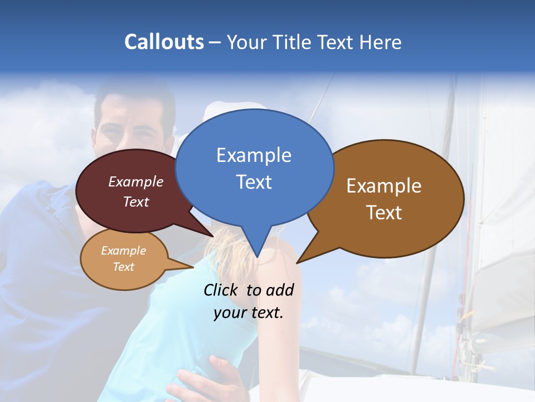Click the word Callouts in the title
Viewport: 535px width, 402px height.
[164, 42]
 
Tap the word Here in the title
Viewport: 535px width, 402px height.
[381, 42]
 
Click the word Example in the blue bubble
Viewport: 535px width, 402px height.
[254, 155]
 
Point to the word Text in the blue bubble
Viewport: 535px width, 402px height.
[254, 181]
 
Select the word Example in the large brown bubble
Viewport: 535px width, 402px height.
[384, 186]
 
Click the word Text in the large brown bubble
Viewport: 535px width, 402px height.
[384, 212]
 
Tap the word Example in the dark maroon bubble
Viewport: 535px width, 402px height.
[136, 181]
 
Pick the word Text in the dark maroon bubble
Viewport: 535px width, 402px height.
[136, 202]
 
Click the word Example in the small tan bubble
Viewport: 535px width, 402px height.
[123, 251]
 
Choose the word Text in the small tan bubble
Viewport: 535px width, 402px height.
[123, 267]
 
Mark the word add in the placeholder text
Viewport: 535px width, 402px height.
[280, 290]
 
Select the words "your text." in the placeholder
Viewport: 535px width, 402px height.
[248, 313]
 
